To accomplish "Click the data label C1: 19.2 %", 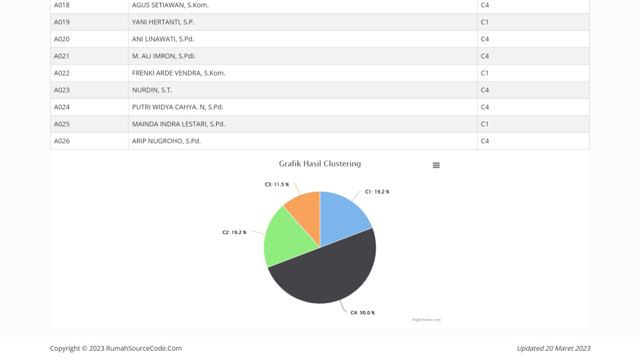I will pos(377,192).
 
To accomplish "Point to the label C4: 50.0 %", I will pos(363,312).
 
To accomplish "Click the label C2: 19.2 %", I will pos(235,232).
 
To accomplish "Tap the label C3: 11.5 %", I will pos(277,184).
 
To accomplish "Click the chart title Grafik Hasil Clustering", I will pos(320,163).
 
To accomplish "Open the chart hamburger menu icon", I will pos(436,165).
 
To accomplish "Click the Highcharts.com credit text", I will pos(426,320).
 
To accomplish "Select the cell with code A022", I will pos(62,73).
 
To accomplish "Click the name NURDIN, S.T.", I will pos(152,90).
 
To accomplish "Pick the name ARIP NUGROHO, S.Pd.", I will pos(166,141).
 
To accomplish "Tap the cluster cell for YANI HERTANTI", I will pos(485,22).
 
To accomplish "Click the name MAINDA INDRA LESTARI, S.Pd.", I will pos(178,124).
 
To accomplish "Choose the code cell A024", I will pos(62,107).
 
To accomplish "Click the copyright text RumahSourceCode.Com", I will pos(115,348).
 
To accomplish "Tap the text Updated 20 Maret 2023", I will pos(553,348).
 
